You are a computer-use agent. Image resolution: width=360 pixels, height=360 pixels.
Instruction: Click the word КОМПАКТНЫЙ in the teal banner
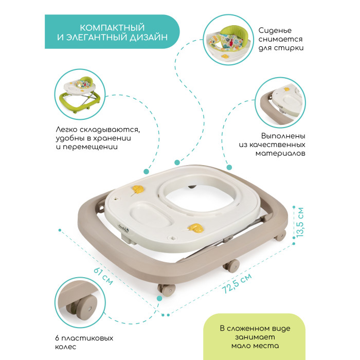pyautogui.click(x=112, y=28)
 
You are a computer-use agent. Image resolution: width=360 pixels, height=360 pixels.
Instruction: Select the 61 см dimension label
pyautogui.click(x=103, y=276)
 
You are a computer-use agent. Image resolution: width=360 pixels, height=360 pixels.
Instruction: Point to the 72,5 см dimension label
pyautogui.click(x=237, y=283)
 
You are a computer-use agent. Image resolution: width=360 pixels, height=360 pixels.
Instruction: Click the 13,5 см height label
pyautogui.click(x=300, y=222)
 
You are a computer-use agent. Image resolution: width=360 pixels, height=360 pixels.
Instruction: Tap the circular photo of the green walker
pyautogui.click(x=80, y=94)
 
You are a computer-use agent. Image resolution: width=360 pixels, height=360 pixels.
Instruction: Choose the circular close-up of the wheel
pyautogui.click(x=80, y=302)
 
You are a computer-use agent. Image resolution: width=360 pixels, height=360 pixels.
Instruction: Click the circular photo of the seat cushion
pyautogui.click(x=228, y=40)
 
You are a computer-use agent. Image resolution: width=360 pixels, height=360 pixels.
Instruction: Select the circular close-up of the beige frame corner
pyautogui.click(x=280, y=102)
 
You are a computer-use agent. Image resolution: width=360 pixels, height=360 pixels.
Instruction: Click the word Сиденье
pyautogui.click(x=275, y=30)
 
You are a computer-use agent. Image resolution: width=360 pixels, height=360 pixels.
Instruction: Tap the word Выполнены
pyautogui.click(x=283, y=136)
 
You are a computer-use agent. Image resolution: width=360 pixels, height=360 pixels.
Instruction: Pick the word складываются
pyautogui.click(x=110, y=130)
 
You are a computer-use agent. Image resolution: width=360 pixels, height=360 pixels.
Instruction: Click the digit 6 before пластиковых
pyautogui.click(x=58, y=338)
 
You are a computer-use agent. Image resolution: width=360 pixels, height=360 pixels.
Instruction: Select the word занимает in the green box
pyautogui.click(x=255, y=337)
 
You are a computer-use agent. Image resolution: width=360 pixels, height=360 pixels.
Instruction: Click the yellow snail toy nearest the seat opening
pyautogui.click(x=138, y=189)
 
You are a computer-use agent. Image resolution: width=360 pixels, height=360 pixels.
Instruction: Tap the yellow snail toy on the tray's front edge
pyautogui.click(x=195, y=228)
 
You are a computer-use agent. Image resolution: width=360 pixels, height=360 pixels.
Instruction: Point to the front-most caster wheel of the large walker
pyautogui.click(x=167, y=290)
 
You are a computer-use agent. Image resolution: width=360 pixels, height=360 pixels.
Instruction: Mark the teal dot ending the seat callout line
pyautogui.click(x=177, y=163)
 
